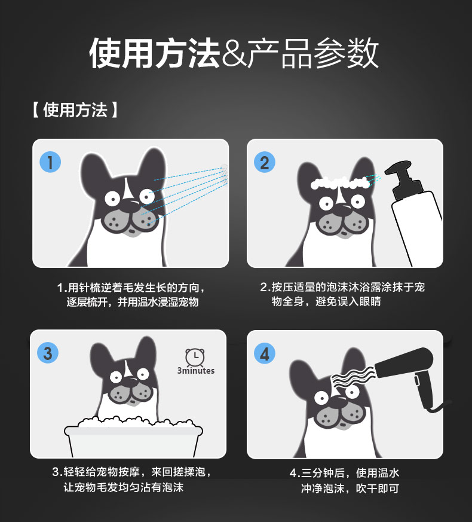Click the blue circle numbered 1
pyautogui.click(x=50, y=162)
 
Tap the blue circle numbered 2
pyautogui.click(x=265, y=162)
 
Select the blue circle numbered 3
pyautogui.click(x=48, y=353)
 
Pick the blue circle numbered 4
pyautogui.click(x=265, y=353)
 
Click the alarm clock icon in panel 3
pyautogui.click(x=195, y=356)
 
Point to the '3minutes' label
pyautogui.click(x=196, y=371)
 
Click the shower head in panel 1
pyautogui.click(x=225, y=175)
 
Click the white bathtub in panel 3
pyautogui.click(x=133, y=436)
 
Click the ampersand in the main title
pyautogui.click(x=234, y=54)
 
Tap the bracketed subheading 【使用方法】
pyautogui.click(x=75, y=110)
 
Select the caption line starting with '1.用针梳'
pyautogui.click(x=131, y=287)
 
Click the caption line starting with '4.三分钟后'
pyautogui.click(x=344, y=473)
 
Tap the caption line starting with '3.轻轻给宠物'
pyautogui.click(x=131, y=472)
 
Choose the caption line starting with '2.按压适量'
pyautogui.click(x=342, y=286)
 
